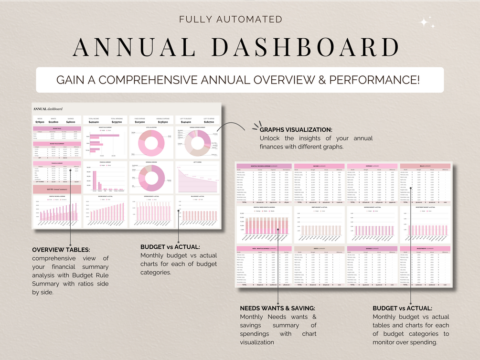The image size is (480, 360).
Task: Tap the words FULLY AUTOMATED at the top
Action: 231,20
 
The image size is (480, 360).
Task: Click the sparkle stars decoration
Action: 427,23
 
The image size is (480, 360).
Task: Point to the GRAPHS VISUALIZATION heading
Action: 296,130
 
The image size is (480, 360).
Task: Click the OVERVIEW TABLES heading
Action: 61,250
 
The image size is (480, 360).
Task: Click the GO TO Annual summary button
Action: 56,190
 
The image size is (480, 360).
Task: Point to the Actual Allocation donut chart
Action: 151,143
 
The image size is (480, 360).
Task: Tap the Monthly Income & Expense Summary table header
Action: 264,166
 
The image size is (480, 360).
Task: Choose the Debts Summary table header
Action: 318,248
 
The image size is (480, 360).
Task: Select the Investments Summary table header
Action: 425,248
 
